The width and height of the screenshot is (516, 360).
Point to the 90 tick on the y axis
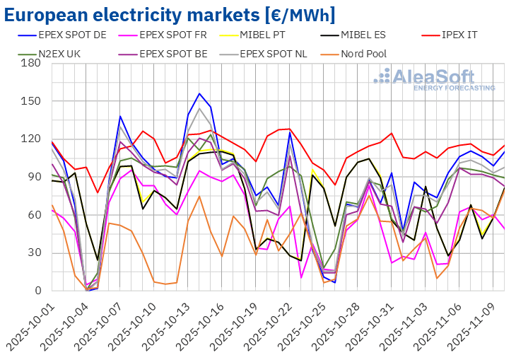[33, 177]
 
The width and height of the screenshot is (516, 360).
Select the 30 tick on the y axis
[33, 252]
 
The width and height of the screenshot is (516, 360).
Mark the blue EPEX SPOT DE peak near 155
[199, 93]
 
